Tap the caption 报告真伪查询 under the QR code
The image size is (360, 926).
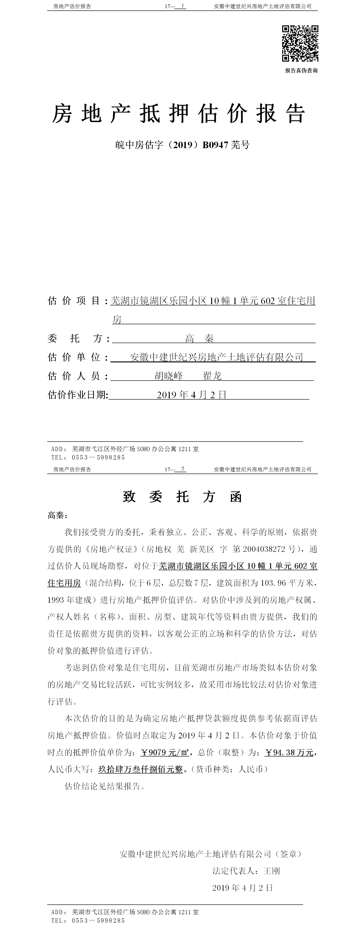pos(301,71)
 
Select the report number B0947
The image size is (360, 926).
pos(215,145)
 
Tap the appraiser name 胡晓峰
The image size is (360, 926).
pos(169,376)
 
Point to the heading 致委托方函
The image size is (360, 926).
pos(182,497)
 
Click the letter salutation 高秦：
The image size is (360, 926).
pos(57,515)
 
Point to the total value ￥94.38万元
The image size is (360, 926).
pos(289,752)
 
